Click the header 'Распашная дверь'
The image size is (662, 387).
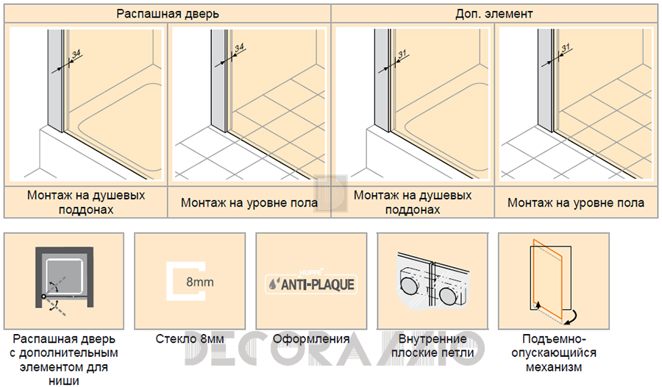(168, 14)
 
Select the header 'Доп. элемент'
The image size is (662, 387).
(494, 14)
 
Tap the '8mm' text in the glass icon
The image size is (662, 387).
(199, 282)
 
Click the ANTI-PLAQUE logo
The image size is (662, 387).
(311, 283)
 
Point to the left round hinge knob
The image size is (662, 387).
(408, 285)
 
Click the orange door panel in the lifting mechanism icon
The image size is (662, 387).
(547, 280)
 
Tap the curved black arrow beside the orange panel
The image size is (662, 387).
(572, 318)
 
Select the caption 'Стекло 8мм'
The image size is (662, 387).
(190, 339)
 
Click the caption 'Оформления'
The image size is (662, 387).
(311, 339)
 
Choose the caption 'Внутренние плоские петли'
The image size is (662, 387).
(433, 346)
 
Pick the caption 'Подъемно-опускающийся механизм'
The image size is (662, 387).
(554, 352)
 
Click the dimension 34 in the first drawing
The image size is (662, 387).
(76, 54)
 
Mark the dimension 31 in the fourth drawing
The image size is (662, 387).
(566, 48)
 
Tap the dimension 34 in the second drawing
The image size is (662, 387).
(239, 48)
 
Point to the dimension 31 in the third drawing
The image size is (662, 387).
(402, 54)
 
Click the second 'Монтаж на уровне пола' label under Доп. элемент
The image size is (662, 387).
(576, 203)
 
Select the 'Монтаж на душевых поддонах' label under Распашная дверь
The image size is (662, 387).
(86, 202)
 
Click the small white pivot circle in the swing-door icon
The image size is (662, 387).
(43, 297)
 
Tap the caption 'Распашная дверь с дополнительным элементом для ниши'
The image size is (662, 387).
(64, 360)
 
